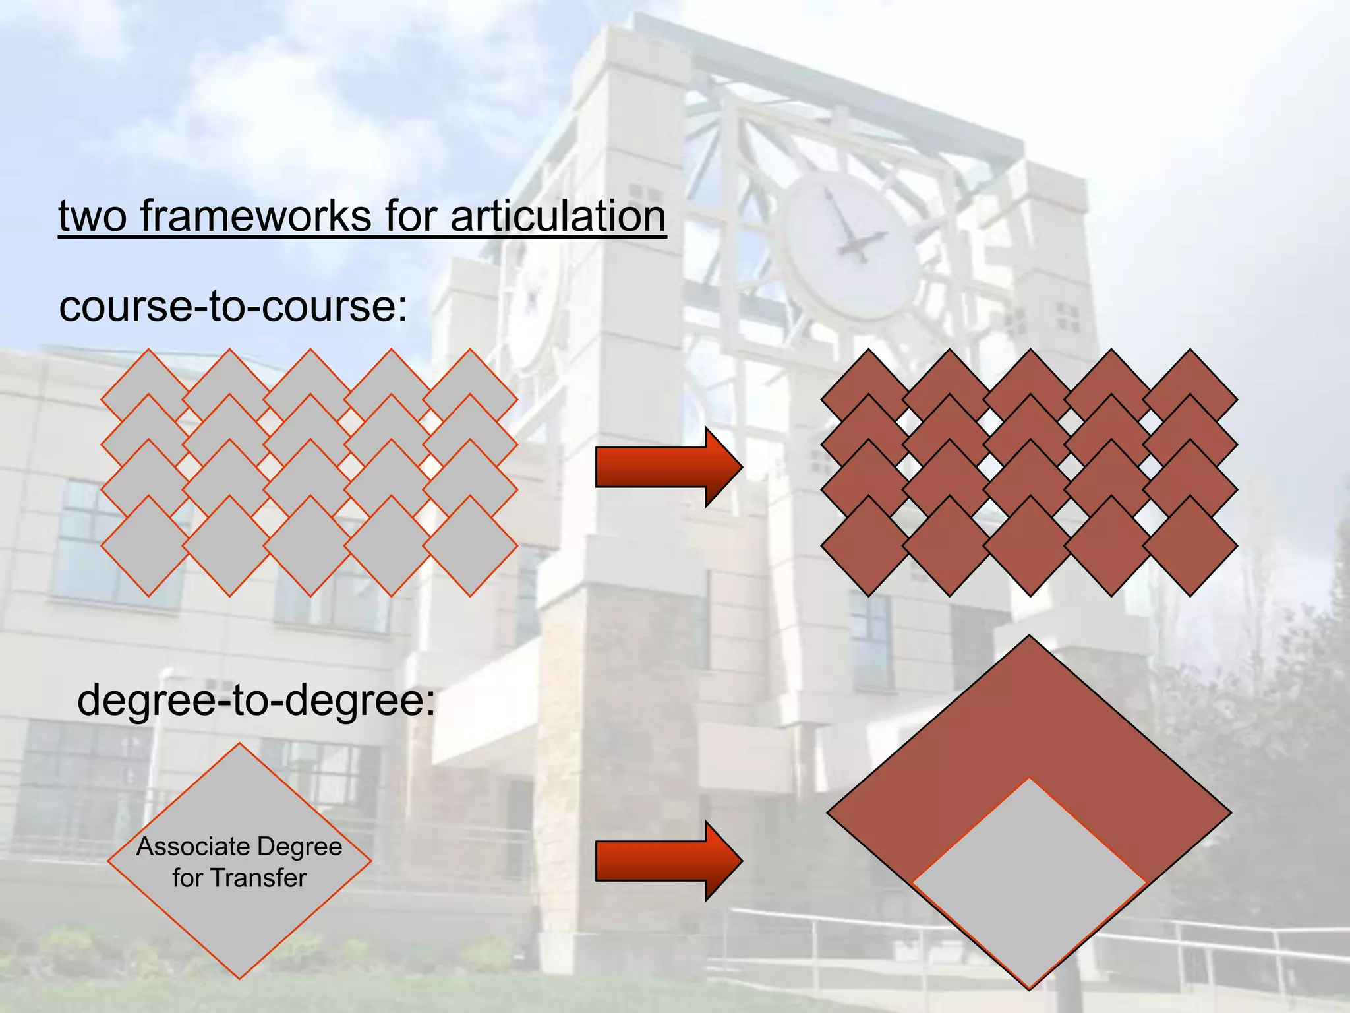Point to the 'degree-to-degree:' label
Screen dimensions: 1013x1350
point(256,700)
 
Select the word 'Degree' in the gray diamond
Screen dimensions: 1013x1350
point(300,847)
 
